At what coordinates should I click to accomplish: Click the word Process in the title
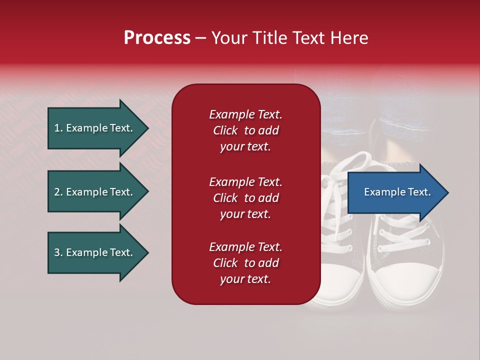(x=157, y=38)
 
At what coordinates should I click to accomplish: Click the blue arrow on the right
(x=395, y=192)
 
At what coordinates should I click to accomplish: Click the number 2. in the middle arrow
(x=58, y=192)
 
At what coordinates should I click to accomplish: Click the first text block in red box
(x=245, y=130)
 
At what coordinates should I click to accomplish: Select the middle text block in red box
(x=245, y=198)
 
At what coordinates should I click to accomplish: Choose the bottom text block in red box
(x=245, y=263)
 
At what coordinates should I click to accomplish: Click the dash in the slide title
(x=200, y=38)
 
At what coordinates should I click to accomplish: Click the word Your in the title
(x=228, y=38)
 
